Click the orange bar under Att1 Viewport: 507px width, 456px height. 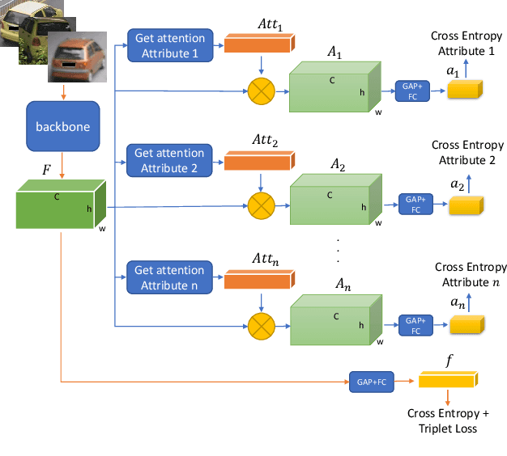click(259, 44)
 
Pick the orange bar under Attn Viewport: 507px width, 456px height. click(259, 279)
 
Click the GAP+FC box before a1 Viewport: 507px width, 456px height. click(411, 90)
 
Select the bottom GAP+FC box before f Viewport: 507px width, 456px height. click(370, 378)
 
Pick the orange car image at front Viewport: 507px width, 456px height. click(76, 58)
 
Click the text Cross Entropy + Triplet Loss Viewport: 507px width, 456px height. click(442, 420)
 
